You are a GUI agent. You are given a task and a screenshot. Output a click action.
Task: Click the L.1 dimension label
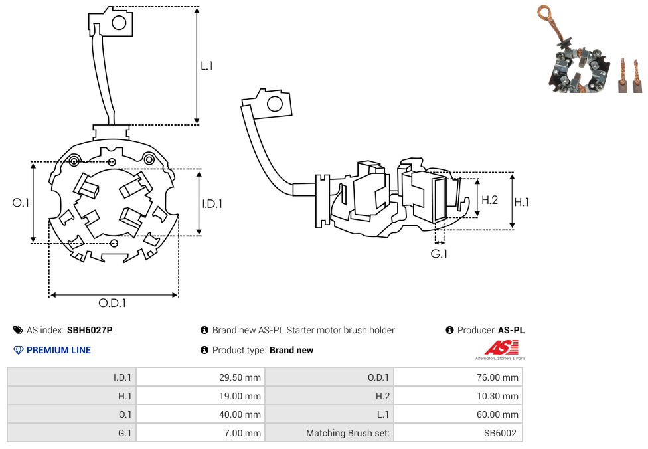pyautogui.click(x=206, y=66)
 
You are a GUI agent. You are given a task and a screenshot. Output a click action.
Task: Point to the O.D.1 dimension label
pyautogui.click(x=112, y=303)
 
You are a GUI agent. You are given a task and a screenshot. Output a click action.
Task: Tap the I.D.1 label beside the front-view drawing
pyautogui.click(x=212, y=204)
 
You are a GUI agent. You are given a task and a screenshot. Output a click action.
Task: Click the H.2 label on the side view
pyautogui.click(x=489, y=200)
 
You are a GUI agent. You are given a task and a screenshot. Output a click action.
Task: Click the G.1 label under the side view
pyautogui.click(x=439, y=254)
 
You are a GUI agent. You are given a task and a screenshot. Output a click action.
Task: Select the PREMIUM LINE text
pyautogui.click(x=58, y=350)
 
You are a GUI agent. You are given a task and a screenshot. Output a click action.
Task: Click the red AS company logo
pyautogui.click(x=501, y=347)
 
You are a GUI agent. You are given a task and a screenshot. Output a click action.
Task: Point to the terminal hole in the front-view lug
pyautogui.click(x=119, y=23)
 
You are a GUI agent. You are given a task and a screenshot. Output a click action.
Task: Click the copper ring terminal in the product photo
pyautogui.click(x=545, y=12)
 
